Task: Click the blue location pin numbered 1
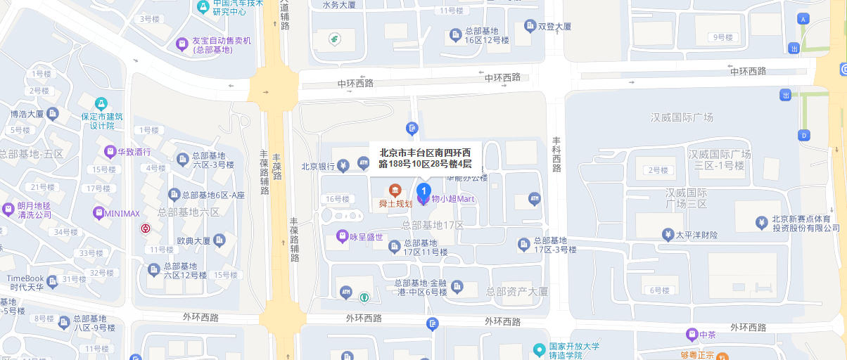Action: [423, 191]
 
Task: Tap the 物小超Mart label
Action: [453, 199]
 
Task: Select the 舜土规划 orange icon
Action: [395, 191]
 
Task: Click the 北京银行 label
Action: [317, 167]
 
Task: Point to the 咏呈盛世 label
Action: [366, 237]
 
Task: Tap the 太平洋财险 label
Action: [696, 235]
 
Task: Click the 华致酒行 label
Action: [134, 151]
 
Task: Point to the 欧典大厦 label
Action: [194, 240]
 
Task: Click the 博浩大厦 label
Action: [27, 114]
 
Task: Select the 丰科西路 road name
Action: [557, 154]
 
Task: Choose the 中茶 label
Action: [708, 334]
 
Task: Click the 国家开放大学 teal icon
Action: [539, 349]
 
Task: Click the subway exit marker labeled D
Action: [803, 135]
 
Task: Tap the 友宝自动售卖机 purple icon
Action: [182, 45]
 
